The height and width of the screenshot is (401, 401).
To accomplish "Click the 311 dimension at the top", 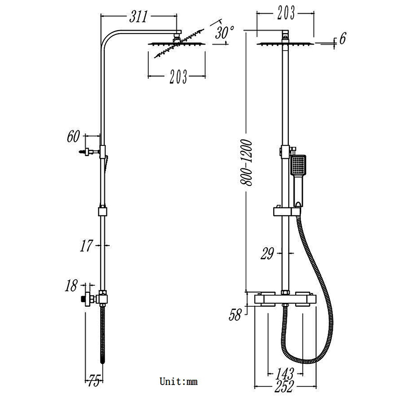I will pyautogui.click(x=138, y=17).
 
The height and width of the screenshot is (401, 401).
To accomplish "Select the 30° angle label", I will pyautogui.click(x=225, y=34).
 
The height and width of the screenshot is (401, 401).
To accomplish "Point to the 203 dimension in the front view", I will pyautogui.click(x=285, y=14).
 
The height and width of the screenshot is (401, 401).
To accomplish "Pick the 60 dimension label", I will pyautogui.click(x=74, y=136).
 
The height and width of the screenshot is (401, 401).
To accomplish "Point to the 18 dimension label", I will pyautogui.click(x=72, y=286).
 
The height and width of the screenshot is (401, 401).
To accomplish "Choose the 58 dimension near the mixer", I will pyautogui.click(x=235, y=314).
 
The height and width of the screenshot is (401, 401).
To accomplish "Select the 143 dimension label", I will pyautogui.click(x=284, y=373).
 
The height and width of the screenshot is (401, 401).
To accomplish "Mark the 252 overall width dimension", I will pyautogui.click(x=284, y=387).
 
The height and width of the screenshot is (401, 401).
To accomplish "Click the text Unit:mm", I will pyautogui.click(x=179, y=382).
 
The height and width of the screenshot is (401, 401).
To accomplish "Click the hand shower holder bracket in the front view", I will pyautogui.click(x=284, y=212).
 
